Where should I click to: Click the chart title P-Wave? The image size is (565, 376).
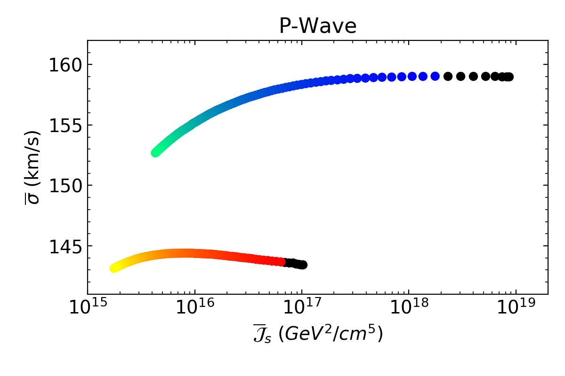pyautogui.click(x=318, y=26)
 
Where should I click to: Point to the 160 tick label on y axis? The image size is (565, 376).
pyautogui.click(x=64, y=65)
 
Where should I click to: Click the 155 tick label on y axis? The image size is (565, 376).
pyautogui.click(x=64, y=125)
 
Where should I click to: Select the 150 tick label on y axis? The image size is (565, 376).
pyautogui.click(x=64, y=185)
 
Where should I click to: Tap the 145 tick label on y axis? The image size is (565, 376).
pyautogui.click(x=64, y=246)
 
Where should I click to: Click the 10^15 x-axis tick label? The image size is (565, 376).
pyautogui.click(x=88, y=310)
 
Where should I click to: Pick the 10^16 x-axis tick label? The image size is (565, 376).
pyautogui.click(x=194, y=310)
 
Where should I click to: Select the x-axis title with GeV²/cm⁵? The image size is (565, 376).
pyautogui.click(x=318, y=334)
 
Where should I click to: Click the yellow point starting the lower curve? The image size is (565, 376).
pyautogui.click(x=114, y=268)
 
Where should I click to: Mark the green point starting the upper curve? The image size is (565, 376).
pyautogui.click(x=155, y=153)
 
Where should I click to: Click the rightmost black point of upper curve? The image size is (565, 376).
pyautogui.click(x=509, y=77)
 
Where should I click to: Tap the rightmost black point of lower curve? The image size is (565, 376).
pyautogui.click(x=303, y=265)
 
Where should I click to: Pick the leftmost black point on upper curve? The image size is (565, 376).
pyautogui.click(x=448, y=76)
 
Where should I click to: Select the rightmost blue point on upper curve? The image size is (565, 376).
pyautogui.click(x=435, y=76)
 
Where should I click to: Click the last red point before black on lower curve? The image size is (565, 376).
pyautogui.click(x=281, y=262)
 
